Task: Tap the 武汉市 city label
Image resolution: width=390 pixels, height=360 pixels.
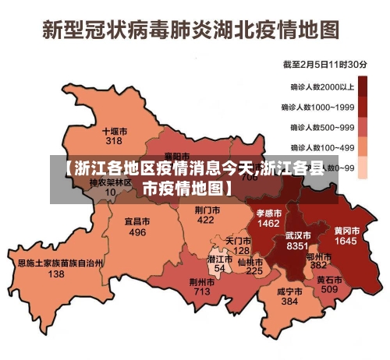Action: click(298, 234)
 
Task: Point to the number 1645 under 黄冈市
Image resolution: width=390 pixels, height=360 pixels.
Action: click(346, 242)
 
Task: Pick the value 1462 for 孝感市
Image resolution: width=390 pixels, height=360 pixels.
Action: click(268, 223)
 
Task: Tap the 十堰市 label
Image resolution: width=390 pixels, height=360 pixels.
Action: click(115, 131)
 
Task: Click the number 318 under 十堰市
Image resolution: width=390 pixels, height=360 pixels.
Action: click(114, 142)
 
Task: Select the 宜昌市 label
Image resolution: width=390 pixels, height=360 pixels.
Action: click(137, 221)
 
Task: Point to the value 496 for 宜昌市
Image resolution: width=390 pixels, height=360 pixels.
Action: click(137, 232)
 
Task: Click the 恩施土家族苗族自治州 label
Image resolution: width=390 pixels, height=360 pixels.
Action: click(60, 263)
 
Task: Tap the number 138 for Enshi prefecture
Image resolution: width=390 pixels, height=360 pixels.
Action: click(56, 274)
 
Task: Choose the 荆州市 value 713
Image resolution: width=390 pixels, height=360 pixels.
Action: click(202, 292)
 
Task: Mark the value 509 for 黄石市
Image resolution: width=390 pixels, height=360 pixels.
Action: click(329, 290)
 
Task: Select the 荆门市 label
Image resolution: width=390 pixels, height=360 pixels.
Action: click(206, 210)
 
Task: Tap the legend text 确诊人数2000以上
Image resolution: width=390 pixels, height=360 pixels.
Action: click(323, 87)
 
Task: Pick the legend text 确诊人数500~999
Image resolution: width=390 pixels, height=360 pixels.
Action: click(323, 127)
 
